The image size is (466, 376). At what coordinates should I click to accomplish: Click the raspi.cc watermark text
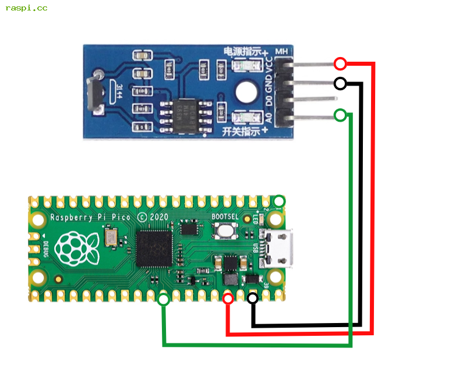click(x=26, y=8)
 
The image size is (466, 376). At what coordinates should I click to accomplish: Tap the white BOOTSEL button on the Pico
click(x=225, y=231)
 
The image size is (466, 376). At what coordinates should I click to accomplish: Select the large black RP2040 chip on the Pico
click(x=154, y=249)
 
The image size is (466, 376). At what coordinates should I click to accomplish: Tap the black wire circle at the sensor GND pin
click(x=340, y=83)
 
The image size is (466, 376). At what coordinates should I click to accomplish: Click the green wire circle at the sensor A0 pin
click(x=340, y=115)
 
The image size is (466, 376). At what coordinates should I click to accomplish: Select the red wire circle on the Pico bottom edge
click(x=228, y=299)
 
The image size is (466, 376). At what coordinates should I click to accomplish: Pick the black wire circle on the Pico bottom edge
click(x=253, y=299)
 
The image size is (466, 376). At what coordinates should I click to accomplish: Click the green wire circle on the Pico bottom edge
click(x=164, y=300)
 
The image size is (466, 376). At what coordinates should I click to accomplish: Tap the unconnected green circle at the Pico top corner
click(x=280, y=201)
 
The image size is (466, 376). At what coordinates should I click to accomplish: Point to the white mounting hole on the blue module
click(x=246, y=92)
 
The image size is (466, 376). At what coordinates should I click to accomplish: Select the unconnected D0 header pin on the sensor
click(x=315, y=100)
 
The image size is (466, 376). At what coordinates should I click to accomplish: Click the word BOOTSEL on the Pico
click(x=224, y=216)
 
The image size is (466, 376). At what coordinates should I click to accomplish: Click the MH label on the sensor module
click(x=283, y=51)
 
